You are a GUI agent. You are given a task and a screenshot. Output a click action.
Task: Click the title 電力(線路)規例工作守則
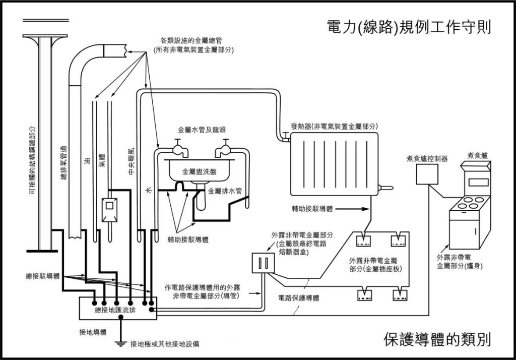409,27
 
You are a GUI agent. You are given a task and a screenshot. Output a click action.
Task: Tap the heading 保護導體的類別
437,338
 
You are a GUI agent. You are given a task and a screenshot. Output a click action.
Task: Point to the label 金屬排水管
225,191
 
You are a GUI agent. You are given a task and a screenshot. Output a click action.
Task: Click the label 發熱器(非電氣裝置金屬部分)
334,126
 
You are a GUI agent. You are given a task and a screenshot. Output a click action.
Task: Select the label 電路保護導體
299,298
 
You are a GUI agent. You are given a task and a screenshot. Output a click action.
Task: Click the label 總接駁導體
42,276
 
